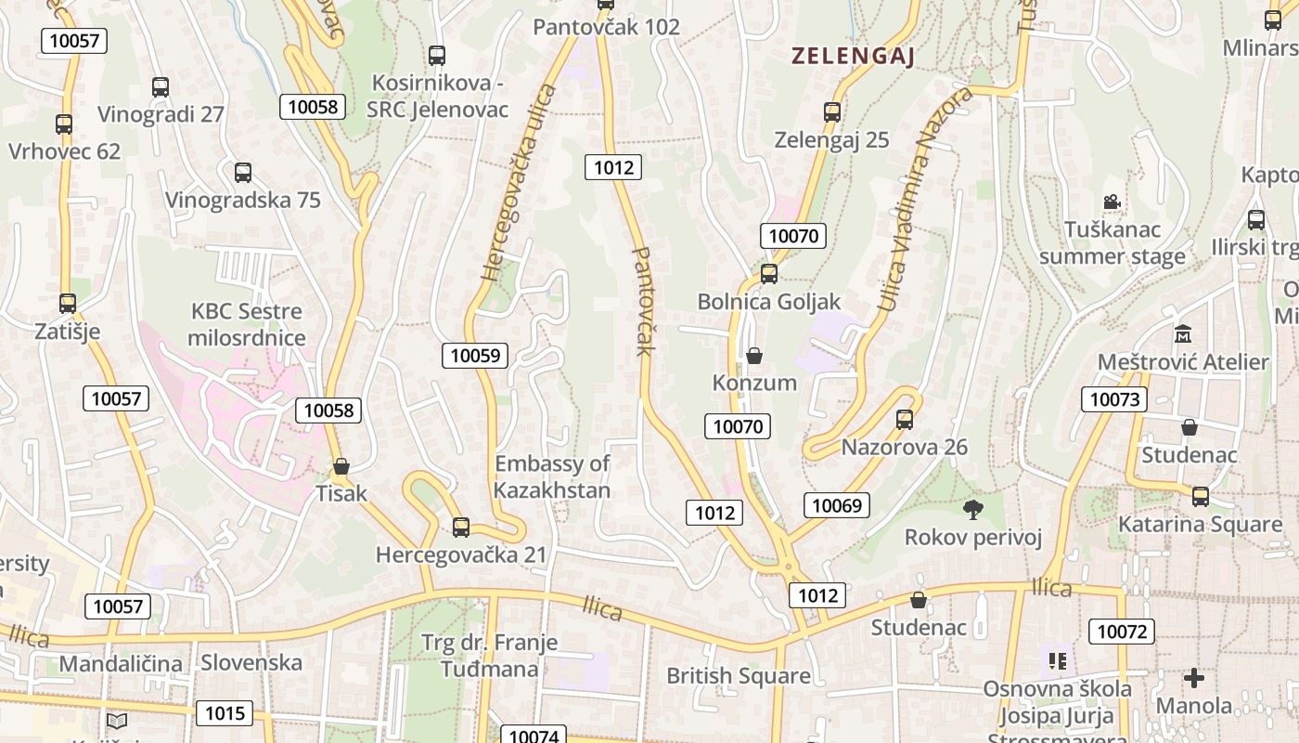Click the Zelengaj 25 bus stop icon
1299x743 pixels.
pyautogui.click(x=832, y=112)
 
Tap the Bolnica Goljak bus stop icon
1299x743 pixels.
pyautogui.click(x=769, y=274)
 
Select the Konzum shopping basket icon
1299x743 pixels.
pyautogui.click(x=754, y=356)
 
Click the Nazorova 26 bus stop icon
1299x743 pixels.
pyautogui.click(x=905, y=420)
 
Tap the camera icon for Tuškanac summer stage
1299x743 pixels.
pyautogui.click(x=1112, y=202)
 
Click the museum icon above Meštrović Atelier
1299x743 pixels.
pyautogui.click(x=1183, y=334)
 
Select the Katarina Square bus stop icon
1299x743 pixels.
pyautogui.click(x=1201, y=496)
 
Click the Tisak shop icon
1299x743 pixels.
pyautogui.click(x=341, y=466)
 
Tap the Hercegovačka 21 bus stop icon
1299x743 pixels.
pyautogui.click(x=461, y=528)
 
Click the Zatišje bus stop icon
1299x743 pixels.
pyautogui.click(x=67, y=304)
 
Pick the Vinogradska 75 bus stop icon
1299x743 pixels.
pyautogui.click(x=243, y=173)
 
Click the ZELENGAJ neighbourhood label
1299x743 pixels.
pyautogui.click(x=853, y=57)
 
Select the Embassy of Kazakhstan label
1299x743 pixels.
pyautogui.click(x=552, y=476)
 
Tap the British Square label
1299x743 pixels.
pyautogui.click(x=739, y=675)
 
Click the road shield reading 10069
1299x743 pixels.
pyautogui.click(x=837, y=505)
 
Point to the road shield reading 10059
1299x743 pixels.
pyautogui.click(x=474, y=355)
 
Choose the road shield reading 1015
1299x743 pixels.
pyautogui.click(x=225, y=713)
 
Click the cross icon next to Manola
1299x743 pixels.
pyautogui.click(x=1194, y=678)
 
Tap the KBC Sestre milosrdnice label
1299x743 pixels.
pyautogui.click(x=247, y=324)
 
